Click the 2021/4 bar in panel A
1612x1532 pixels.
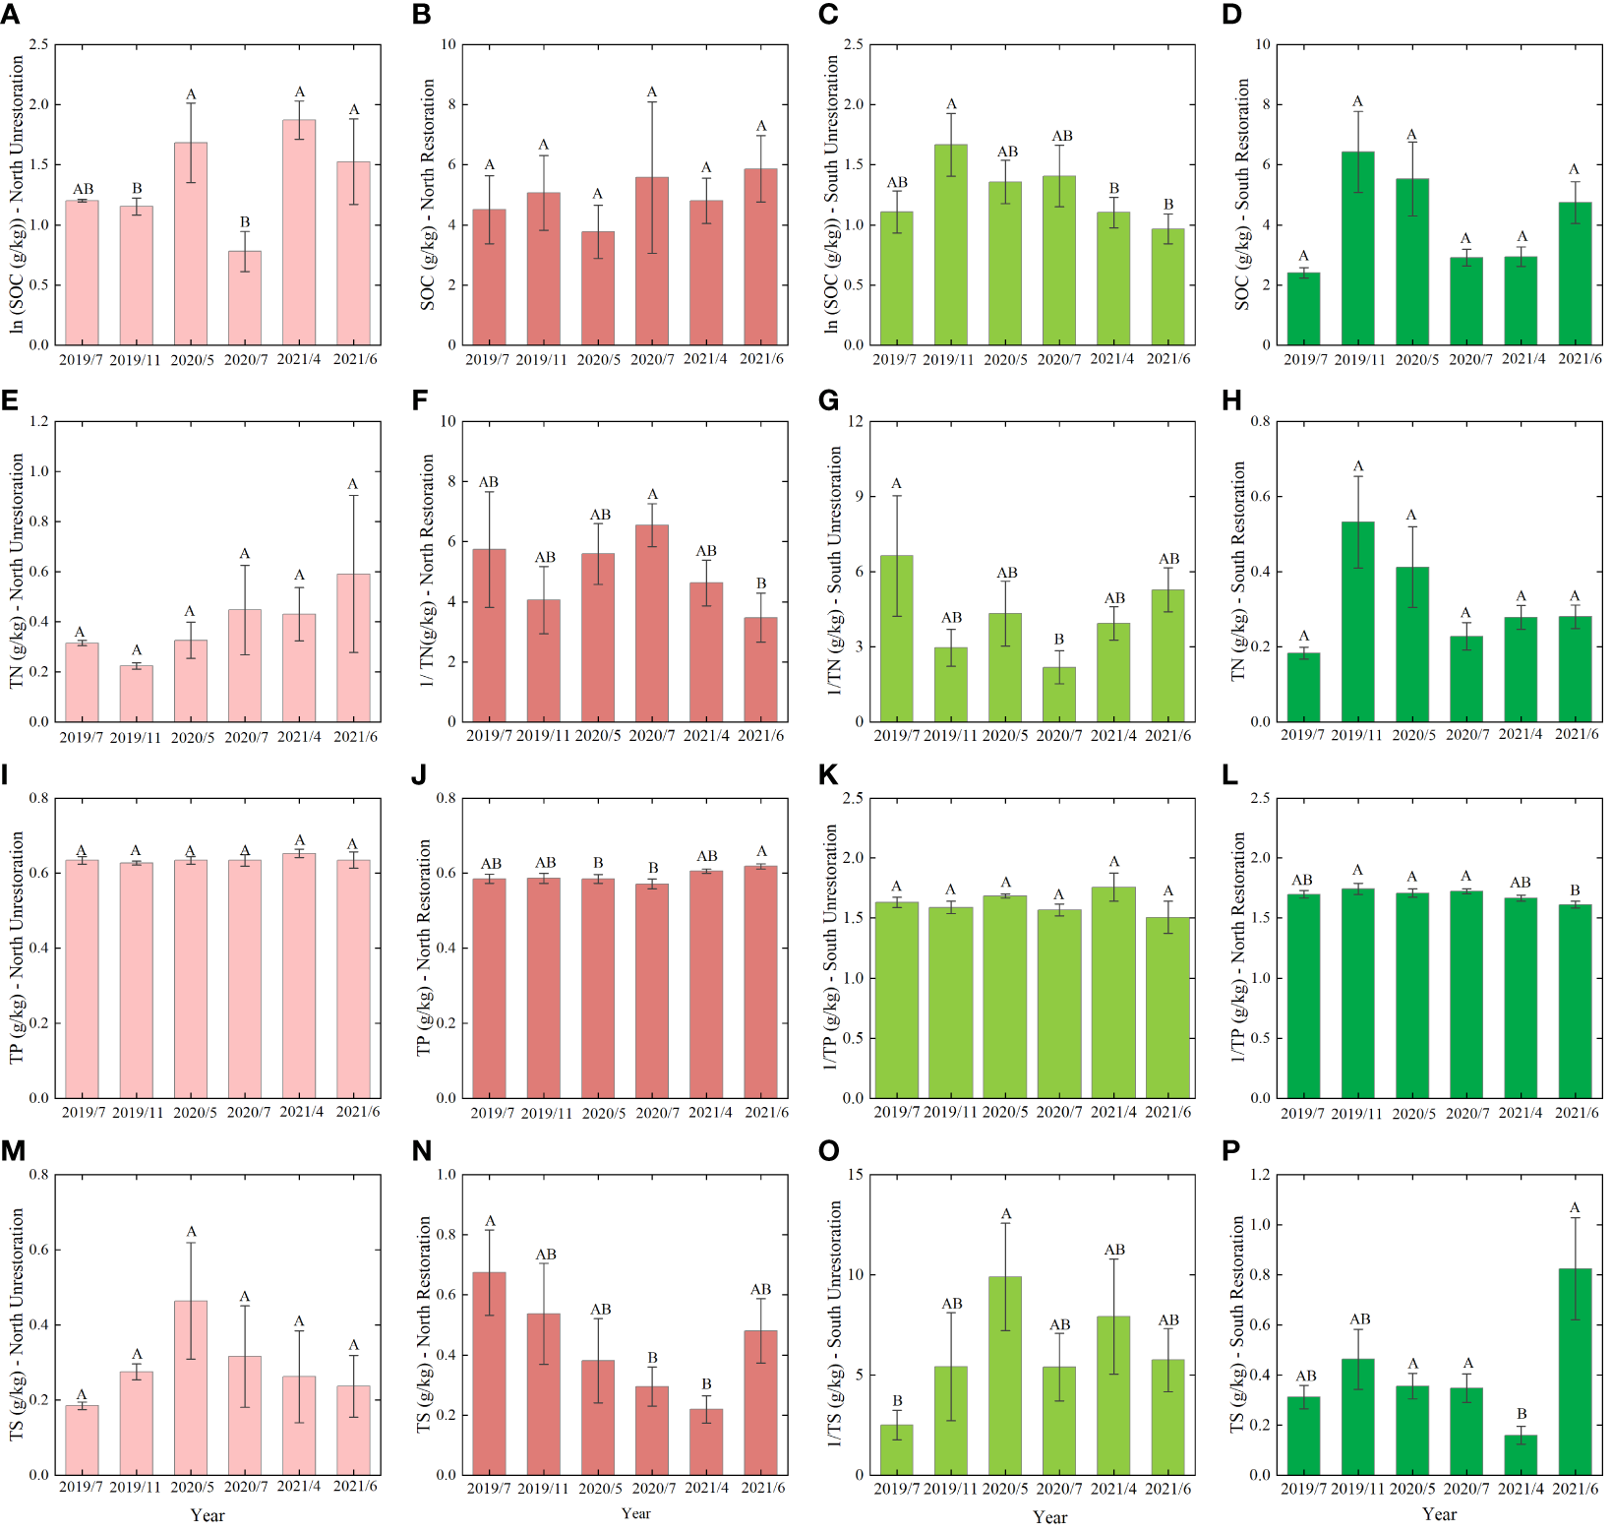point(299,232)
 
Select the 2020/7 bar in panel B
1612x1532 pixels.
point(651,261)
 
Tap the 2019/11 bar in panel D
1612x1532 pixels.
point(1357,248)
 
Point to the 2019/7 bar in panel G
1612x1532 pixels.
point(896,639)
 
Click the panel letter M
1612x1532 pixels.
point(13,1151)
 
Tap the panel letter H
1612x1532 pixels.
point(1231,400)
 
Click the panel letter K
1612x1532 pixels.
point(828,775)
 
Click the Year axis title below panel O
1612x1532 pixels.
point(1049,1517)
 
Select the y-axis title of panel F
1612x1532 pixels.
point(427,571)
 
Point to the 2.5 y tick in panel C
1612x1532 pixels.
point(853,44)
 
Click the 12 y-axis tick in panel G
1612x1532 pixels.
point(855,421)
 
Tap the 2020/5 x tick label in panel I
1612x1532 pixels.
point(195,1112)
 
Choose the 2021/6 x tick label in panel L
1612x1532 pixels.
point(1577,1112)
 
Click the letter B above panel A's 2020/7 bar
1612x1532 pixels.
point(245,222)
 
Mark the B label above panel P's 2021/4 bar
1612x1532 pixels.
point(1522,1414)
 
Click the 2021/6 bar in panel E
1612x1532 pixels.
point(353,647)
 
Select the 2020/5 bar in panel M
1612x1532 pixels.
point(191,1387)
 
